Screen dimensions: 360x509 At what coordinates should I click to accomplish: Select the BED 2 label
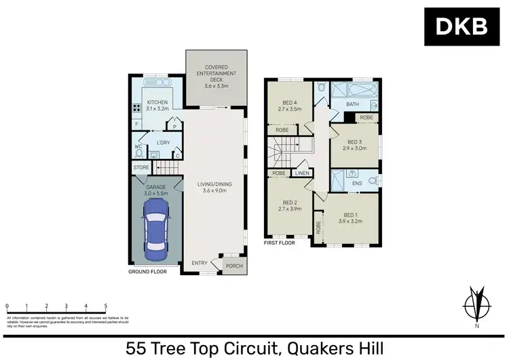290,202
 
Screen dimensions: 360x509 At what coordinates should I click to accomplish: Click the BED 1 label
352,218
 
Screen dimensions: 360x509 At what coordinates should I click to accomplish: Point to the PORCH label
234,266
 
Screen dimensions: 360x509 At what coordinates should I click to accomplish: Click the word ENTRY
200,264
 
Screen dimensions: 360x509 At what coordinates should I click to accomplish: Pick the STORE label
141,167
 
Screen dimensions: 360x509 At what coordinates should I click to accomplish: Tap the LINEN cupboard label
302,173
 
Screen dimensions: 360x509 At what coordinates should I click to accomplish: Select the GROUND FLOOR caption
148,272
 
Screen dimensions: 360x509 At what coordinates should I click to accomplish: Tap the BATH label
352,104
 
